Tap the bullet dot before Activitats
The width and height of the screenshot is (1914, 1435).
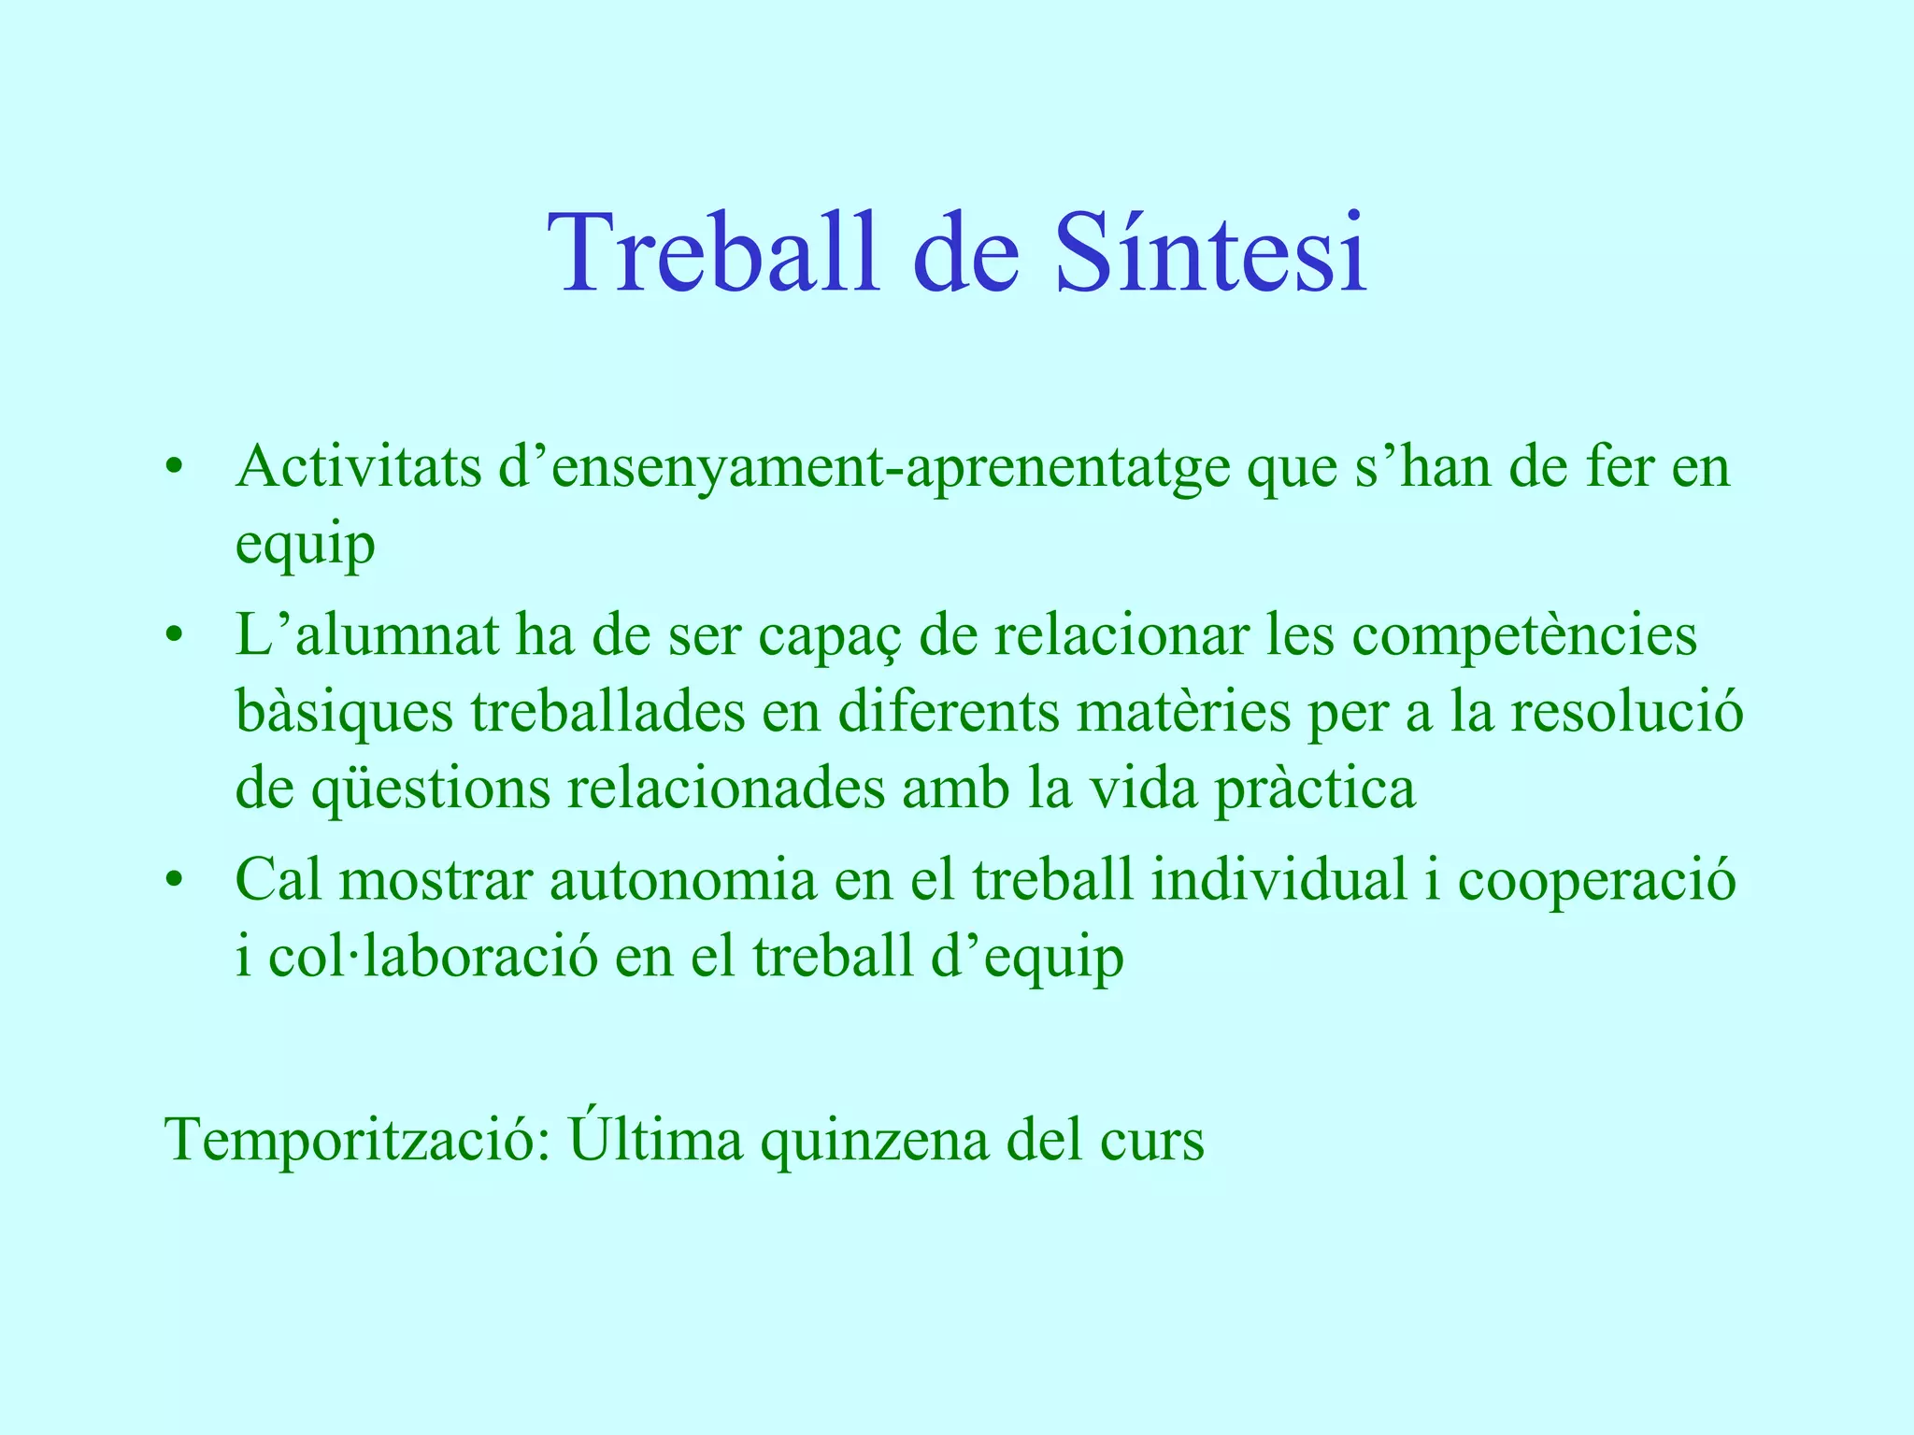172,467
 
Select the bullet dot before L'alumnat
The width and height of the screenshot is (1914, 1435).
172,636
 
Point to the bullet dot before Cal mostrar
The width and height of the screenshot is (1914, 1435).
172,881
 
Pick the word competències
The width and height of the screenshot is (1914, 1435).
1524,635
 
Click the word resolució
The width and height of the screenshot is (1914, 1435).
1626,712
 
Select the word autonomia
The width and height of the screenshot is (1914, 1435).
682,881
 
